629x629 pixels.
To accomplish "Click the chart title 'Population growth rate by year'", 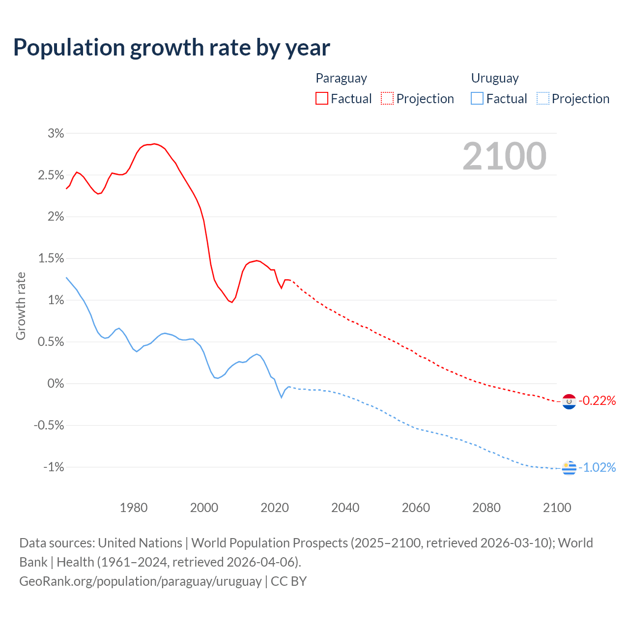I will coord(172,48).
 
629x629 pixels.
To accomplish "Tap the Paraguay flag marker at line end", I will coord(569,401).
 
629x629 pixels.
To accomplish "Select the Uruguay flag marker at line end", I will coord(569,468).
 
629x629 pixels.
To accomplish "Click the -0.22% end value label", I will coord(597,401).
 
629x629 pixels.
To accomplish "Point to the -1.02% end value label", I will coord(597,467).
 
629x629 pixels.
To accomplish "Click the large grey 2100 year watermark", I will coord(504,156).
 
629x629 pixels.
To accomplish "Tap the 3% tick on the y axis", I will coord(56,133).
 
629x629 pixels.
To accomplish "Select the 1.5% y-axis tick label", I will coord(51,258).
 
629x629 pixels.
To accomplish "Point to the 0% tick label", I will coord(56,383).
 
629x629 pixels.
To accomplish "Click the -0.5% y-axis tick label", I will coord(49,425).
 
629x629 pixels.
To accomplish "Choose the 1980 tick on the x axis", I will coord(134,508).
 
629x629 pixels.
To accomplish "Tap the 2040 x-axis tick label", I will coord(345,508).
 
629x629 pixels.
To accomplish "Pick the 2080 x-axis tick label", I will coord(486,508).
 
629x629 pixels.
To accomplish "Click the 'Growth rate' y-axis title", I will coord(21,306).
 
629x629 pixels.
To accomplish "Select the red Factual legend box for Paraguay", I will coord(322,98).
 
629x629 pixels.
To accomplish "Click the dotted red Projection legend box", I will coord(387,98).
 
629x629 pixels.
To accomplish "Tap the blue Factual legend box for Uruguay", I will coord(477,98).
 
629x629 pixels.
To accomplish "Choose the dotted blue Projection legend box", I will coord(543,98).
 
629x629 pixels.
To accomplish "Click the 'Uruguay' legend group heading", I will coord(495,78).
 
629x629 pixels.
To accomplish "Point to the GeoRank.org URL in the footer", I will coord(141,581).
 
